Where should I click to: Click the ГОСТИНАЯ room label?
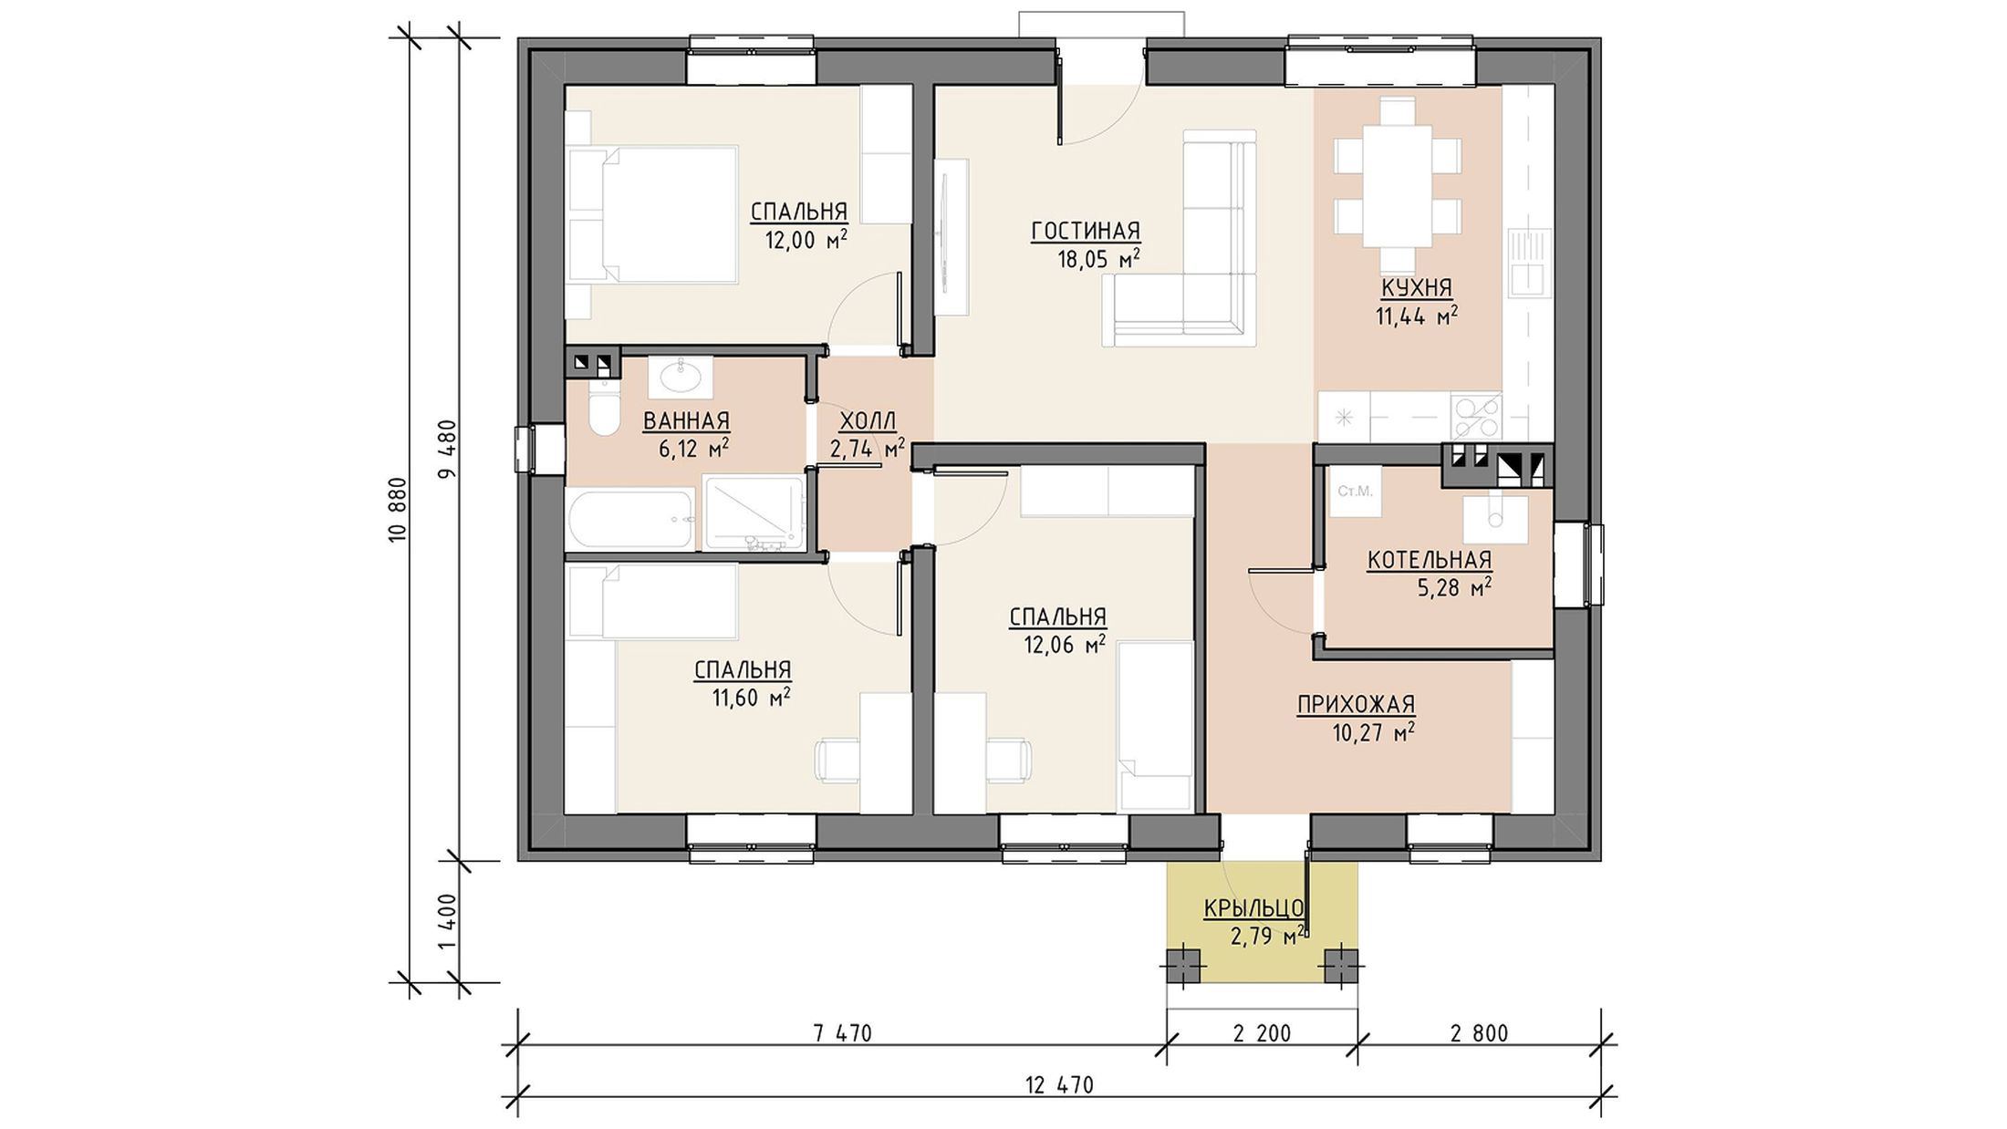[x=1086, y=232]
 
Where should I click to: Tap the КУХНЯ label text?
[x=1416, y=288]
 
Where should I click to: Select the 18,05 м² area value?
[x=1098, y=260]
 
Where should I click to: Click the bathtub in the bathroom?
[x=631, y=521]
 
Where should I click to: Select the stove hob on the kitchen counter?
[x=1475, y=417]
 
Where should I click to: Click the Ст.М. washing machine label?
[x=1355, y=492]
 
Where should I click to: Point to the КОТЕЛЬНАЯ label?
[x=1430, y=560]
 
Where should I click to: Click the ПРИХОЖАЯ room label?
[x=1356, y=705]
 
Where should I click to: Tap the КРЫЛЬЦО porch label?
[x=1253, y=908]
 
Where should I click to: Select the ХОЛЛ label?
[x=868, y=421]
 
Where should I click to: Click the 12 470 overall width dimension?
[x=1059, y=1086]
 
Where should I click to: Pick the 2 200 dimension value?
[x=1262, y=1034]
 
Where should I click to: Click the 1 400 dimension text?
[x=447, y=922]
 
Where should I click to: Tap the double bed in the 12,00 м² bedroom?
[x=651, y=214]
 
